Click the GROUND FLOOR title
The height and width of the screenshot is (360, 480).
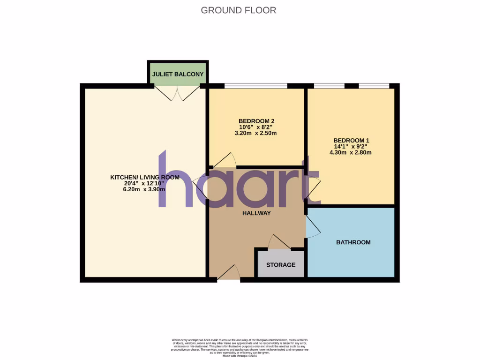[239, 10]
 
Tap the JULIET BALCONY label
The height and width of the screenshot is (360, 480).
[178, 74]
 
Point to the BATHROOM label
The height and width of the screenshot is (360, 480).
[353, 242]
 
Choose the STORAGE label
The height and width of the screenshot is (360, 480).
[281, 265]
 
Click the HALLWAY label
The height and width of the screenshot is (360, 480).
[256, 213]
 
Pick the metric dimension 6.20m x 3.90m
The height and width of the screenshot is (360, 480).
[144, 189]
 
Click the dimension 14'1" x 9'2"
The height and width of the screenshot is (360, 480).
[351, 146]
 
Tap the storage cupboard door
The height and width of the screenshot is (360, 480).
[279, 242]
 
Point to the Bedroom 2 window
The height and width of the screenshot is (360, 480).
[255, 86]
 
